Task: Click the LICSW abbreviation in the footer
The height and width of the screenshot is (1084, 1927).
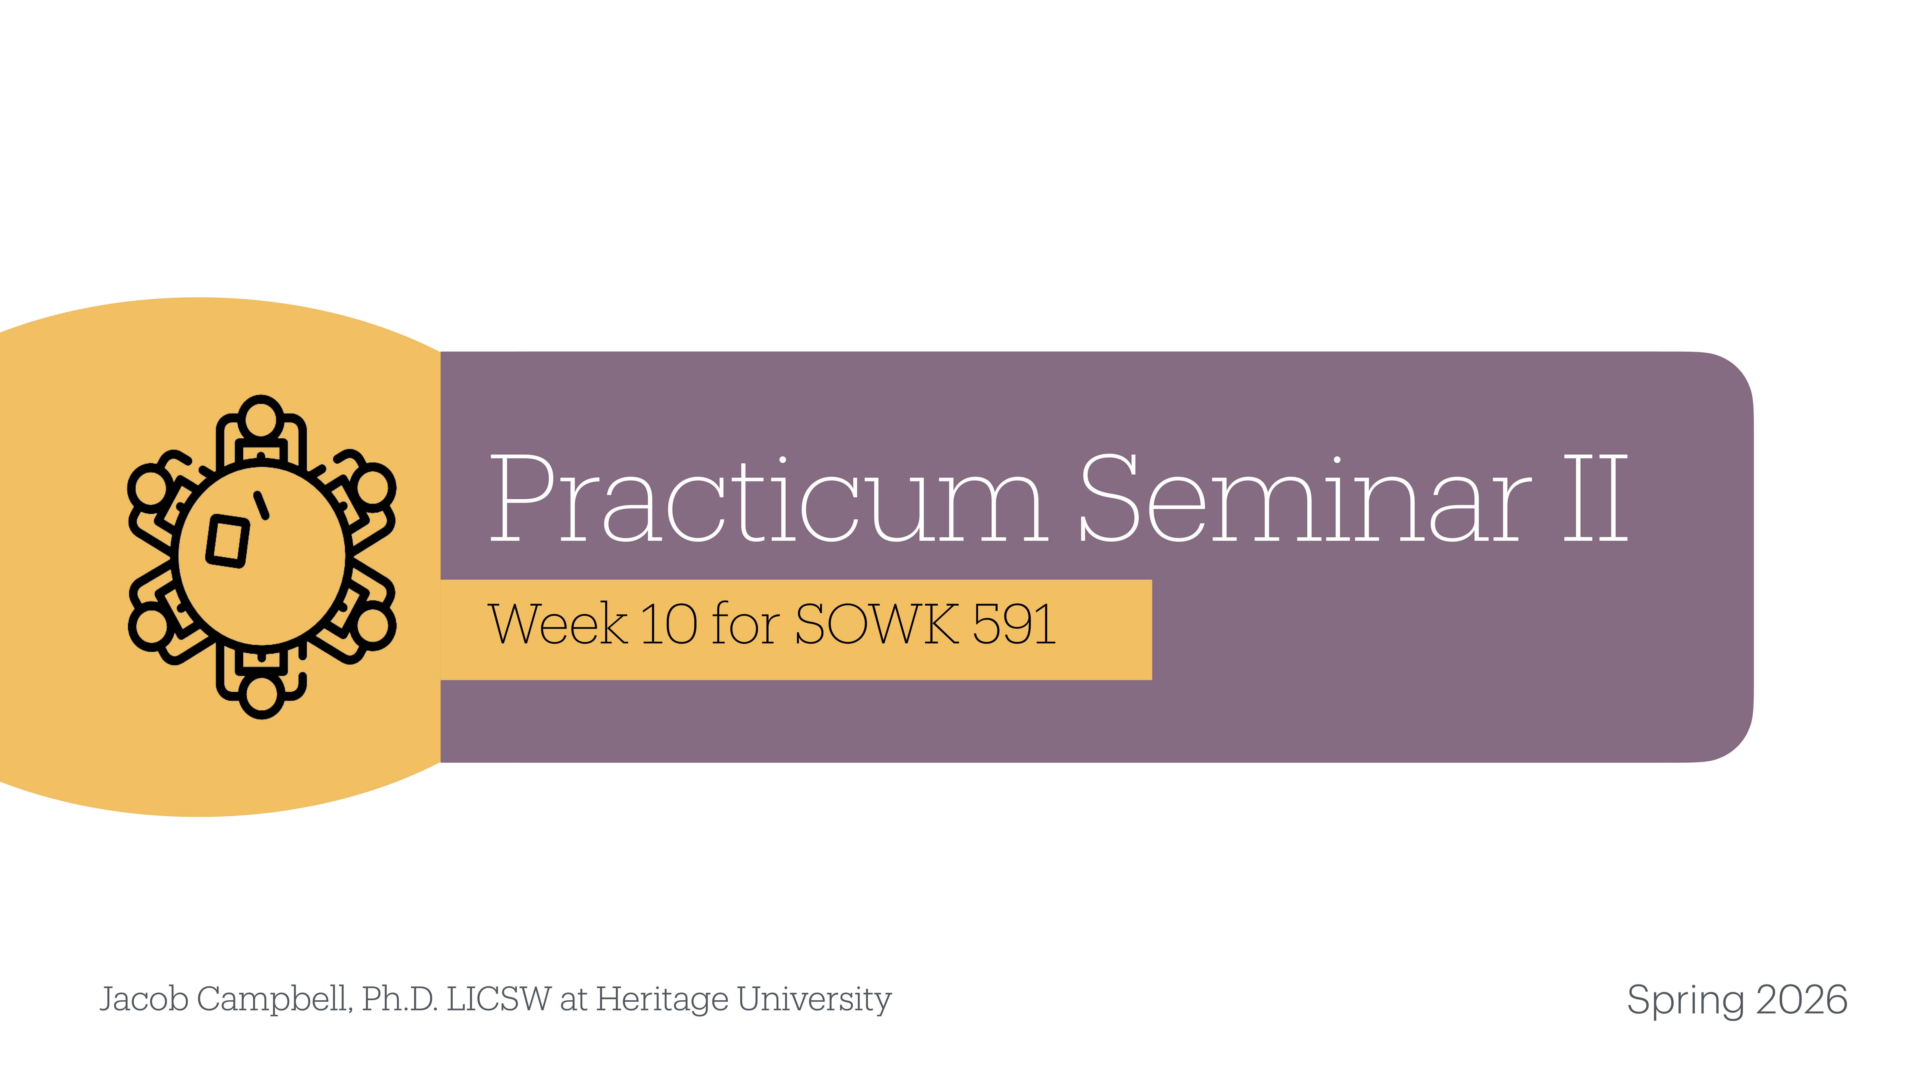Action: click(x=499, y=999)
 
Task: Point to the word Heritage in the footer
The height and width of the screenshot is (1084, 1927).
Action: click(x=662, y=999)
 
